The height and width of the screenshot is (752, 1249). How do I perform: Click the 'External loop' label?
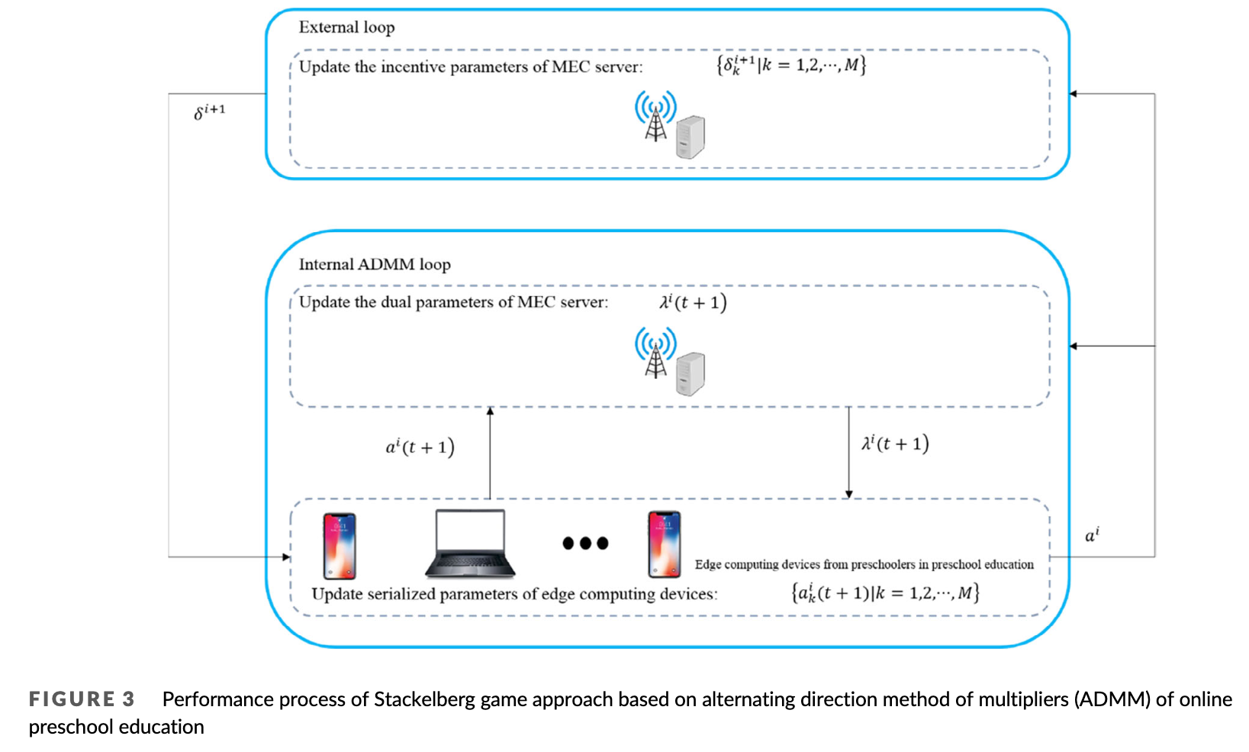(346, 27)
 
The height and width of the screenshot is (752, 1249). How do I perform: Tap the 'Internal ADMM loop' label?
(375, 264)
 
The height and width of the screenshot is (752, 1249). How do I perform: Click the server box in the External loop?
(690, 137)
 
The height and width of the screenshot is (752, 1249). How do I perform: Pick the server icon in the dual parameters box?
(690, 374)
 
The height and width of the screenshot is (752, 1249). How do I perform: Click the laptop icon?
(470, 543)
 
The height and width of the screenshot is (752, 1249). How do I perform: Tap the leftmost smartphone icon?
(340, 546)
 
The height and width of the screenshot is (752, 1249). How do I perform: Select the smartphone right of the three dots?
(664, 544)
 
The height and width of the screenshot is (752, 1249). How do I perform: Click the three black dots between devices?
(585, 543)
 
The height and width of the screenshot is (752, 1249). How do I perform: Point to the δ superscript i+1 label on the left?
(210, 111)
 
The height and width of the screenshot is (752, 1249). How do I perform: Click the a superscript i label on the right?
(1092, 535)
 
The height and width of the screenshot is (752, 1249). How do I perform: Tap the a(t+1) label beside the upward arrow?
(420, 447)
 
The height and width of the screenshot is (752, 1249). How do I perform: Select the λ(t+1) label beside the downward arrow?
(895, 444)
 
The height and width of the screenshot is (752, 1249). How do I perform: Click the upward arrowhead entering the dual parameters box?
(490, 412)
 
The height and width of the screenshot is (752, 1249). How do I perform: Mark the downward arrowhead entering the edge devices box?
(848, 494)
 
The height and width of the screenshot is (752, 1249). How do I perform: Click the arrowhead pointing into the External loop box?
(1074, 94)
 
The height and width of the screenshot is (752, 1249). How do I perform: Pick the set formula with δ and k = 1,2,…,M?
(791, 65)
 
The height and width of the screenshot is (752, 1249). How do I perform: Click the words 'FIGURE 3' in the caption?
(82, 699)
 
